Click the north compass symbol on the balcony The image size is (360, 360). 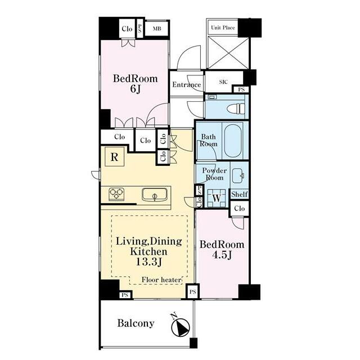181,325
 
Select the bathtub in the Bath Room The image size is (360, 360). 233,140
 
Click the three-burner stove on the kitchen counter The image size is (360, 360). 116,194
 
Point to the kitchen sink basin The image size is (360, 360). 155,195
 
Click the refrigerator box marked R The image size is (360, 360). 115,157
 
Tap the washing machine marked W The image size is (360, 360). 217,198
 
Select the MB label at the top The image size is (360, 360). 157,29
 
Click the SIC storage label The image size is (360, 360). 223,82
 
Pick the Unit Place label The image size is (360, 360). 223,28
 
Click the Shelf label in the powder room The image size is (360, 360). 240,194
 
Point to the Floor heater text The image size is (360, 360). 161,280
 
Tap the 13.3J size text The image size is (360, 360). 149,262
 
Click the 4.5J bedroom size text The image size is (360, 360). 222,255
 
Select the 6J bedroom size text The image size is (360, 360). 135,89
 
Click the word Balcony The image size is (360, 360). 136,323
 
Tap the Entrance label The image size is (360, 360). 186,85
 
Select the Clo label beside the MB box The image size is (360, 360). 127,29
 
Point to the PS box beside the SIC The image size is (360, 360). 241,89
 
